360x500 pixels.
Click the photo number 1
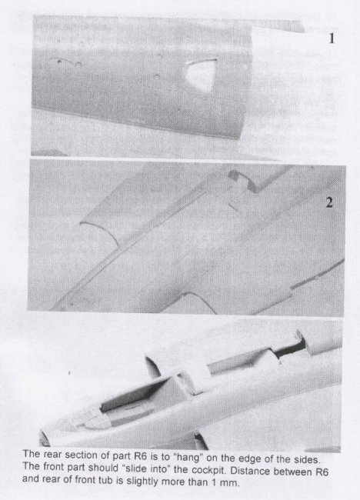tap(332, 38)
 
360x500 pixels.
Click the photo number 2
tap(329, 202)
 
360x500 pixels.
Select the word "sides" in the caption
tap(307, 459)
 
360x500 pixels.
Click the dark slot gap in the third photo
tap(289, 348)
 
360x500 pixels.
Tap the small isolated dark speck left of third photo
tap(69, 372)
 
